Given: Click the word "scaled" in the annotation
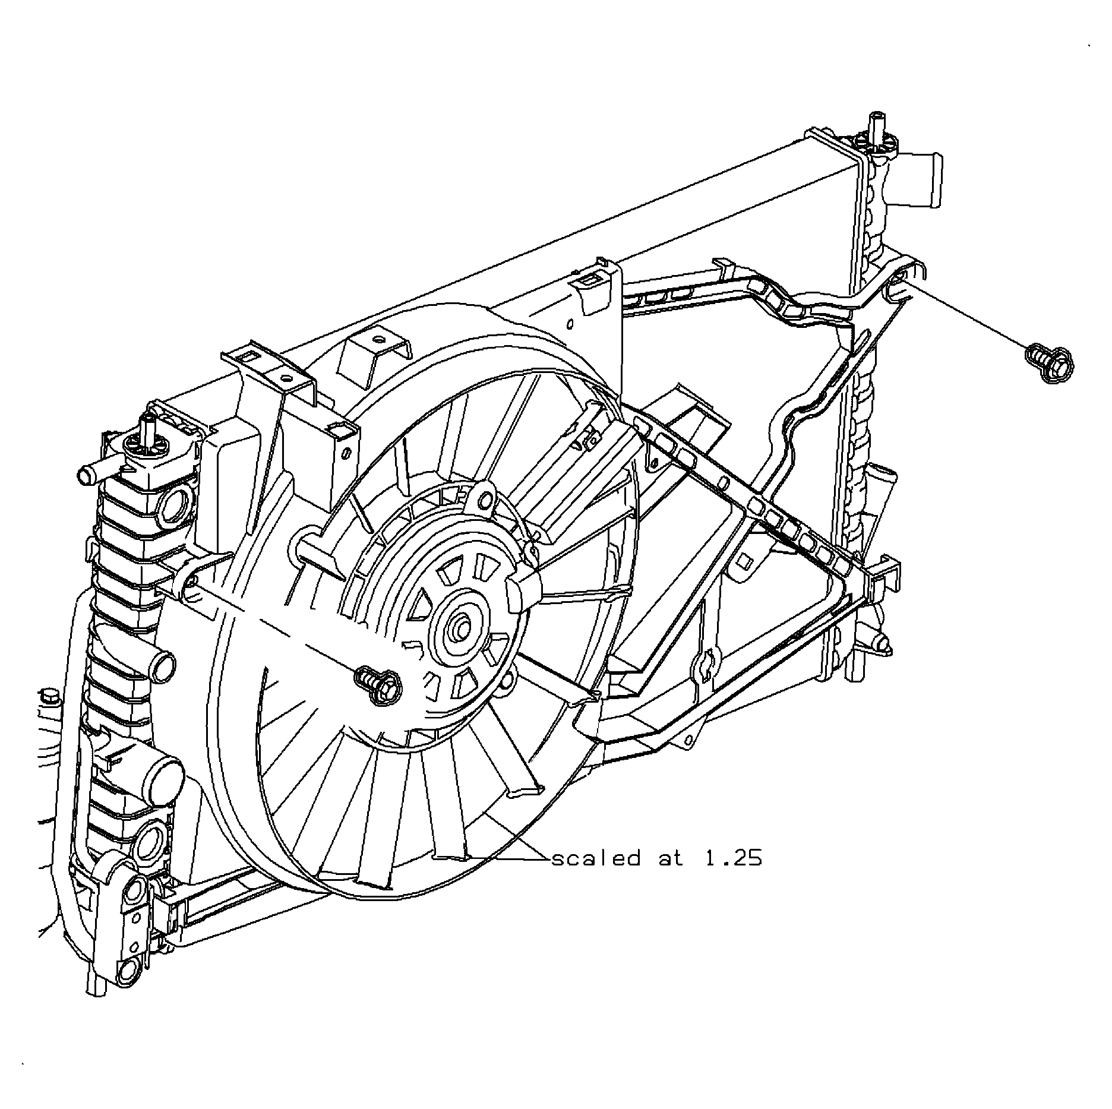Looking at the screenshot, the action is (596, 858).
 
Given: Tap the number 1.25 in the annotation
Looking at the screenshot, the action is (732, 858).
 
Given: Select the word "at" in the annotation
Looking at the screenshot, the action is (671, 858).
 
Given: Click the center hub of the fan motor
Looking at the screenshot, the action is (459, 630).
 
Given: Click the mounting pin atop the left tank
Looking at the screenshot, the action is (147, 430).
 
